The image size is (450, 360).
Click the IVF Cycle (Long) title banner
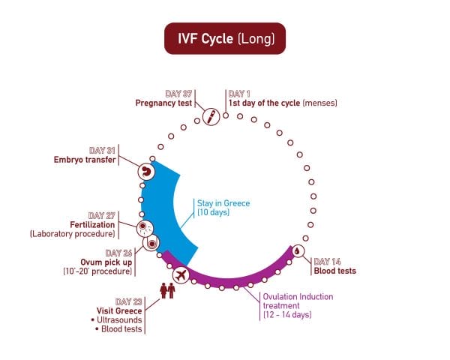click(225, 37)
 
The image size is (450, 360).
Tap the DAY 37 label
click(178, 93)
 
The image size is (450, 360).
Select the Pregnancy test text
click(163, 103)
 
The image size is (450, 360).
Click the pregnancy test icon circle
click(211, 116)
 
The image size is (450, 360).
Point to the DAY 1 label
click(241, 93)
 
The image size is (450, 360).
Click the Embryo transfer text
click(84, 159)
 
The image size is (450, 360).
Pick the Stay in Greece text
click(223, 203)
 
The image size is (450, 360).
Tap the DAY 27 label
click(101, 215)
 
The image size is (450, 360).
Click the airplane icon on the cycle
click(180, 275)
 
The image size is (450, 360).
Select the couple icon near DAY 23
click(166, 289)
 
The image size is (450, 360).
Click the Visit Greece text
click(118, 310)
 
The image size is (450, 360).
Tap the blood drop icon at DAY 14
click(298, 251)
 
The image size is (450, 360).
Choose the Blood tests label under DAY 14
click(334, 271)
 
